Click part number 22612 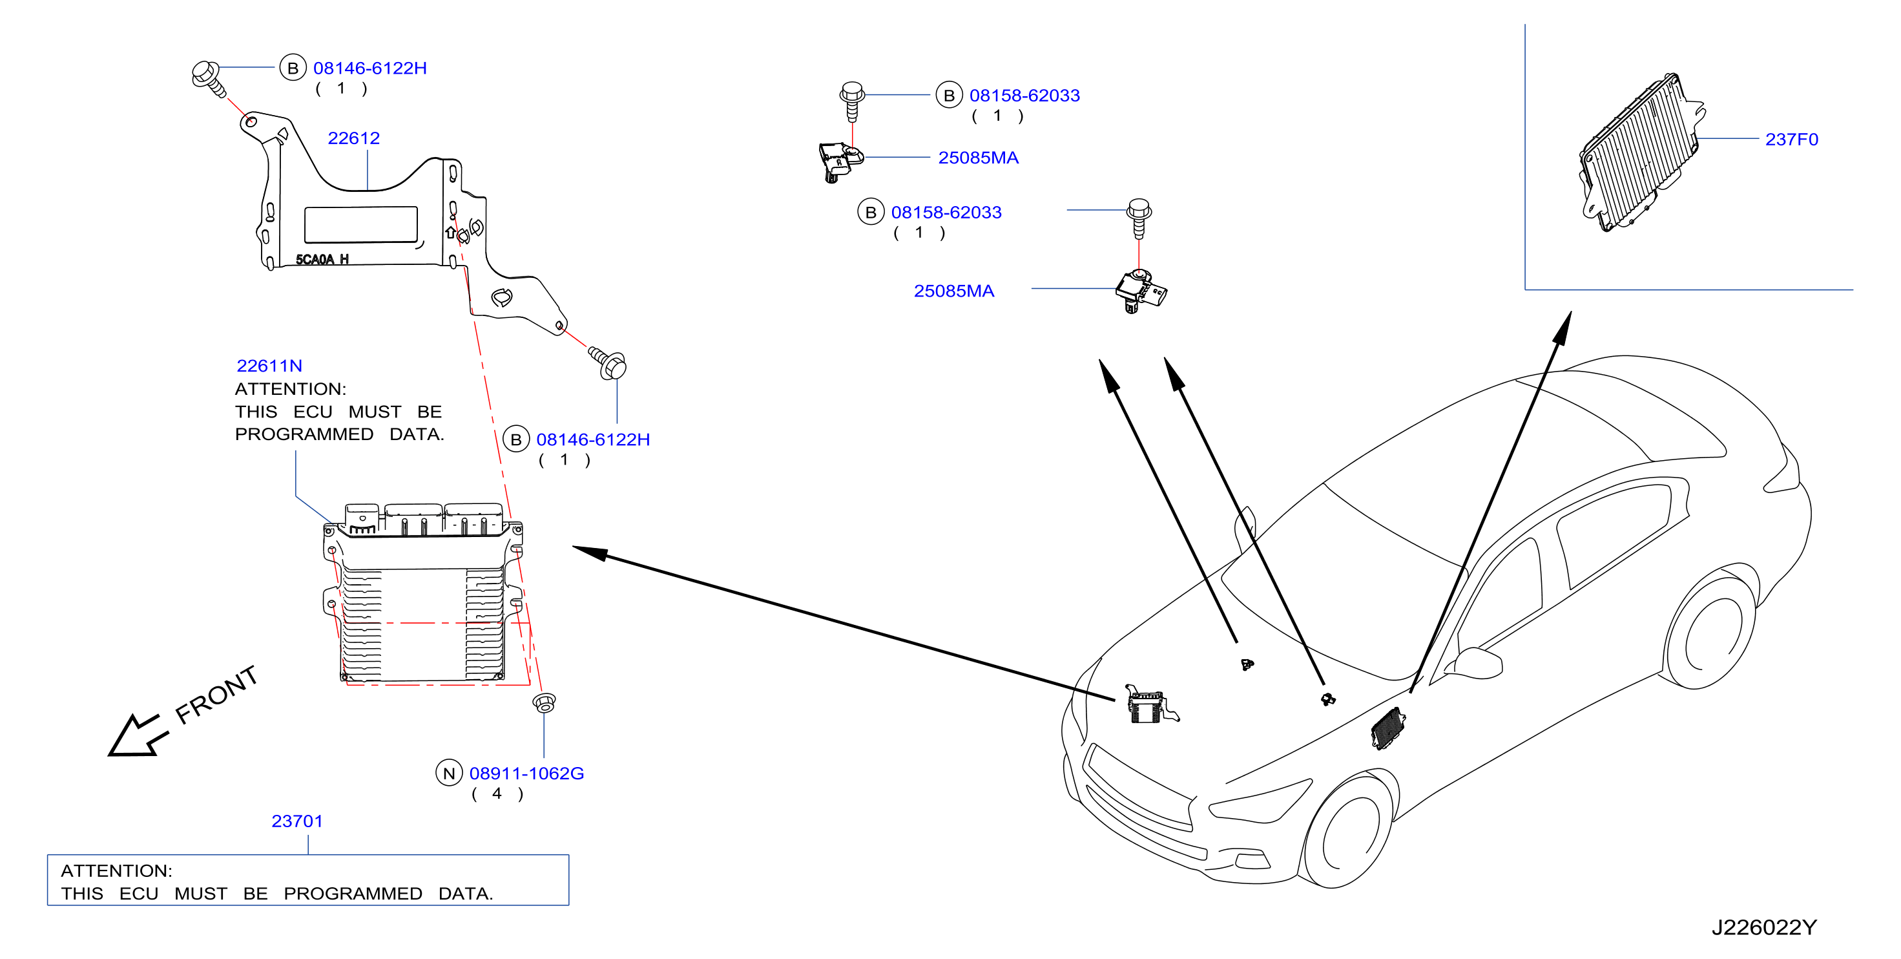[x=353, y=138]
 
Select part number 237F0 [x=1791, y=140]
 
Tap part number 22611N [x=269, y=365]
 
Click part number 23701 [x=297, y=821]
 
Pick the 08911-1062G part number [x=527, y=773]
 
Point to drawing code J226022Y [x=1764, y=927]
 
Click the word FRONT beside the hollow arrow [x=216, y=694]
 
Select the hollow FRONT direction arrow [x=136, y=735]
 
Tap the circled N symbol [x=449, y=773]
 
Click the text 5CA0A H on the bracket [x=322, y=259]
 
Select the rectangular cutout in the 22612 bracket [x=361, y=224]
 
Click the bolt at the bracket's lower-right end [x=608, y=363]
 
